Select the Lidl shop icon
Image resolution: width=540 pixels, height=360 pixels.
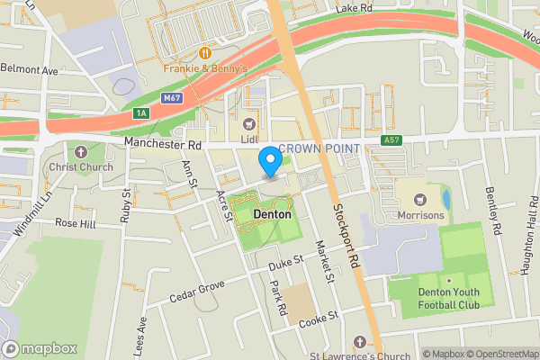(249, 123)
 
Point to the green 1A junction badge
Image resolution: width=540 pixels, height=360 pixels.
(140, 113)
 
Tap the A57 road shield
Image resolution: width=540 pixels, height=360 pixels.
(391, 140)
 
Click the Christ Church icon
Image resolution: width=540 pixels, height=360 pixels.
(83, 152)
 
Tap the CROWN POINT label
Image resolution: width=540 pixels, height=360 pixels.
(319, 148)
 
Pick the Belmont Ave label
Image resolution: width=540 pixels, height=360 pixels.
(29, 67)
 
